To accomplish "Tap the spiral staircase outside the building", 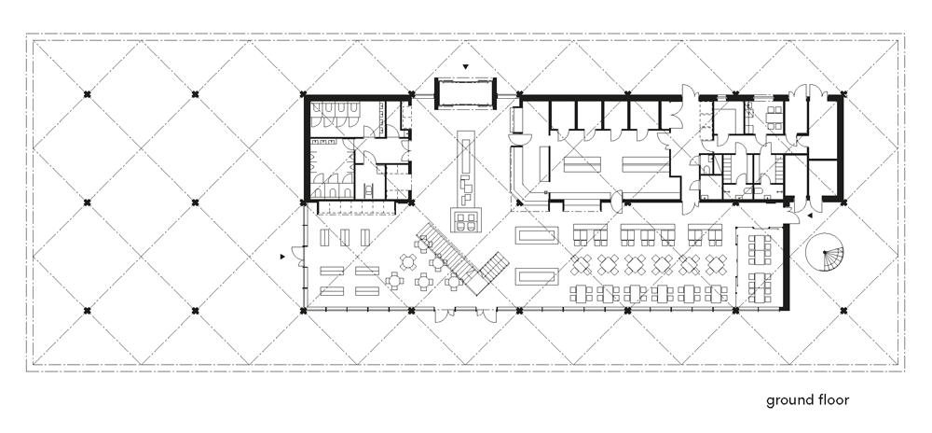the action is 825,252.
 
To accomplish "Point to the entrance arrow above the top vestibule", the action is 466,67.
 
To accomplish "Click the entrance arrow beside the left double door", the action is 282,257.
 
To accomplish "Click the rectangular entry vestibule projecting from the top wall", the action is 466,94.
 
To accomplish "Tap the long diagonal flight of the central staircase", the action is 447,257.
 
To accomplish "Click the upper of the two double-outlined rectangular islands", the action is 537,235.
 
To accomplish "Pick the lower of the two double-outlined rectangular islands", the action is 537,276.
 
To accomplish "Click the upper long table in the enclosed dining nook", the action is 760,249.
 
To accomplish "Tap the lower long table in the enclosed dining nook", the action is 760,287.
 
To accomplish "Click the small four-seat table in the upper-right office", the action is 774,118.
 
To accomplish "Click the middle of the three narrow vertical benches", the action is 346,237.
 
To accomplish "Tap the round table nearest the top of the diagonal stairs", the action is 424,243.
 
